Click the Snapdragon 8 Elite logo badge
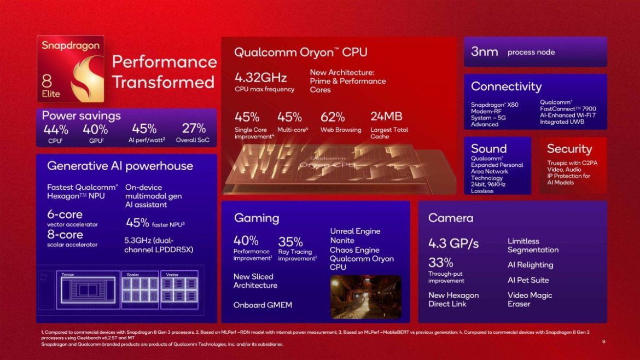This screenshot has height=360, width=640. (70, 69)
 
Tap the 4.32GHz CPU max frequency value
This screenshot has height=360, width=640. (260, 77)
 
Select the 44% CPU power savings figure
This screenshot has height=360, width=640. (56, 129)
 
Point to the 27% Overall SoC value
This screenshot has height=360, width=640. (194, 129)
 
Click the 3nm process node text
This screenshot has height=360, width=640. (484, 52)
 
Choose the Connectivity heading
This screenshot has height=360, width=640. (506, 86)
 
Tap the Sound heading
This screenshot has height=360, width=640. (488, 149)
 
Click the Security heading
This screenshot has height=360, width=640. (569, 149)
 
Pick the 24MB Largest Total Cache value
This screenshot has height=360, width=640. (386, 117)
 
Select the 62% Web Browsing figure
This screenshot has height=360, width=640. (333, 117)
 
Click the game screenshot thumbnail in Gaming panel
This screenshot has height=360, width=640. (365, 297)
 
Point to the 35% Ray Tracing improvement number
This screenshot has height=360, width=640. (290, 242)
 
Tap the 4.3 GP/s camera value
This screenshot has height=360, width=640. (453, 243)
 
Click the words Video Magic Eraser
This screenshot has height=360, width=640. (530, 299)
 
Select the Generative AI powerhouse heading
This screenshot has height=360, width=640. (120, 166)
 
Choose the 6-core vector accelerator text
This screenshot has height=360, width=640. (65, 214)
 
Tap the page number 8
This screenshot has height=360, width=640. (603, 341)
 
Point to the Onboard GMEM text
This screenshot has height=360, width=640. (263, 305)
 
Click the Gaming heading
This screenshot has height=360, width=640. (257, 218)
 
